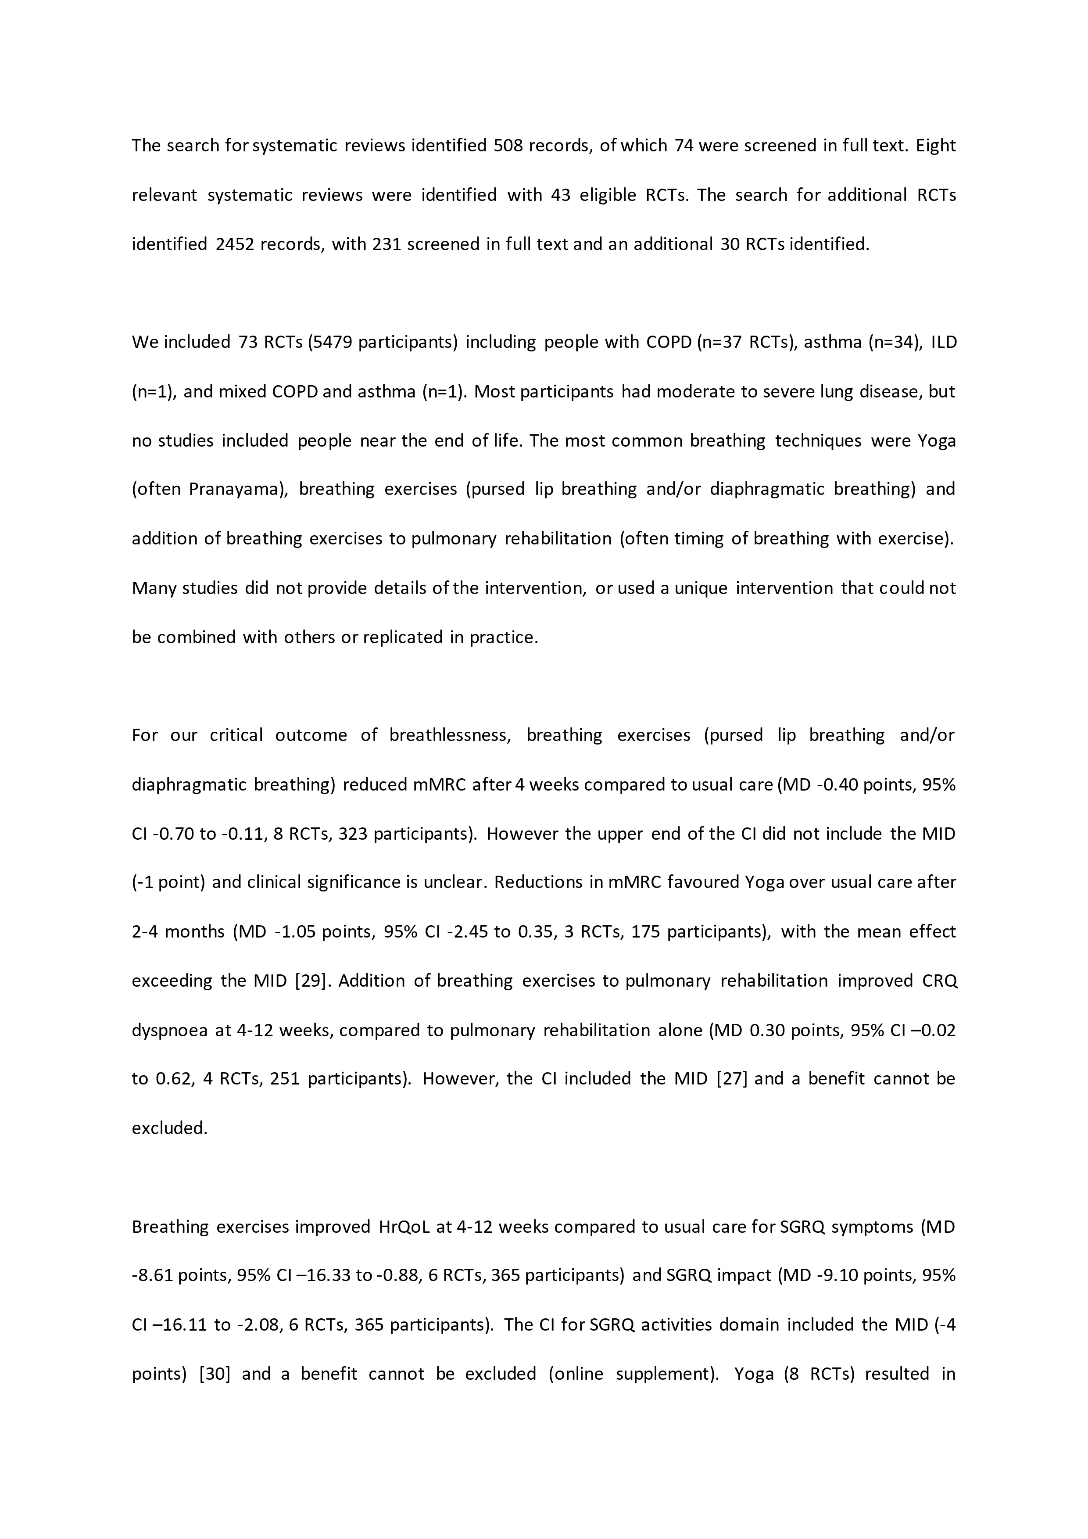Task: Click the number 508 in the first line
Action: [x=508, y=146]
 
